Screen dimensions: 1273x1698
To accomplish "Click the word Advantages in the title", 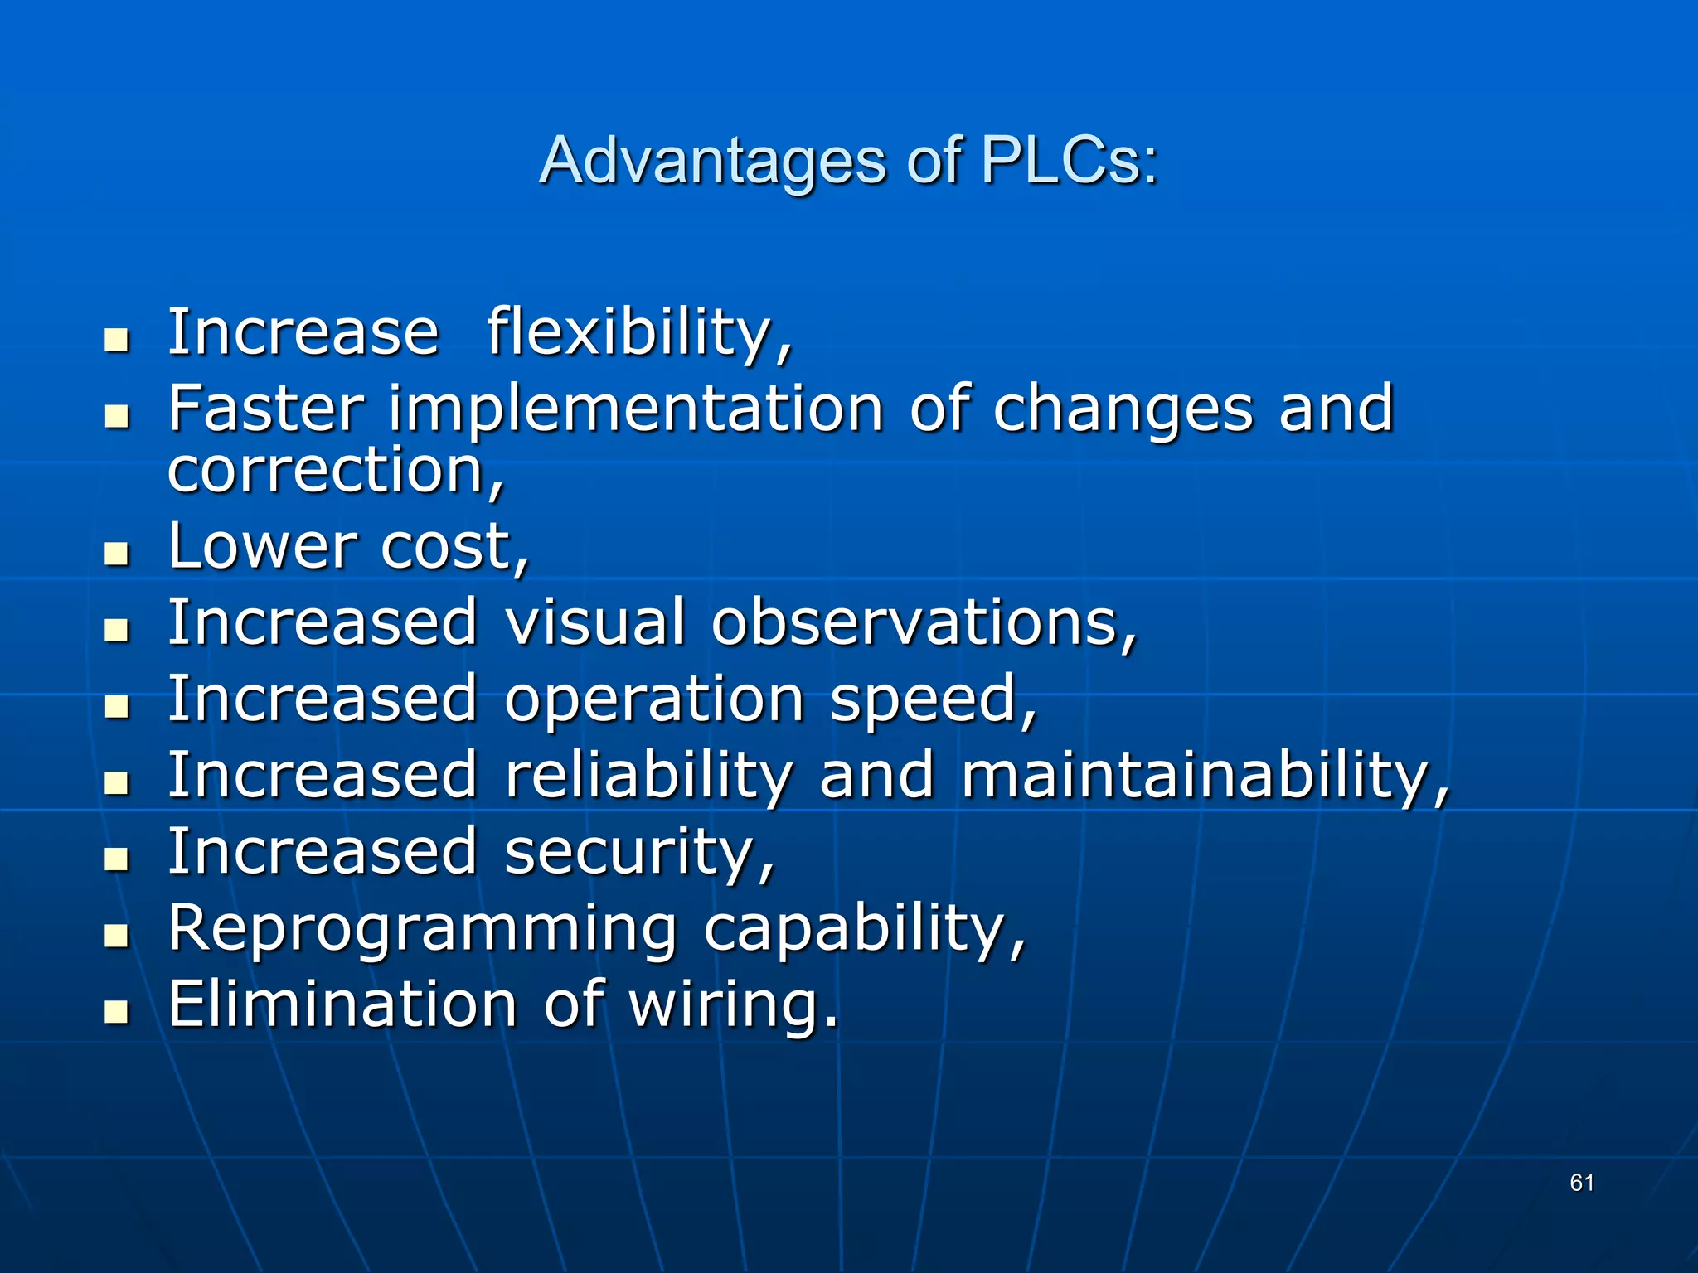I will pyautogui.click(x=712, y=162).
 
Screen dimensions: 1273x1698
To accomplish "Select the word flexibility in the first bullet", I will pyautogui.click(x=639, y=333).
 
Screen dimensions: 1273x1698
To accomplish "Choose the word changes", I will pyautogui.click(x=1123, y=410).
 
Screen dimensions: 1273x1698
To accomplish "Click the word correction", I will pyautogui.click(x=335, y=471).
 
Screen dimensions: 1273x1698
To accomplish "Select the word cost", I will pyautogui.click(x=454, y=548).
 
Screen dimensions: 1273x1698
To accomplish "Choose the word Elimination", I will pyautogui.click(x=342, y=1004).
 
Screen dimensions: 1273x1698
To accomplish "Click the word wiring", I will pyautogui.click(x=733, y=1005).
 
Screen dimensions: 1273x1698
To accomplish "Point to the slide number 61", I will pyautogui.click(x=1582, y=1183).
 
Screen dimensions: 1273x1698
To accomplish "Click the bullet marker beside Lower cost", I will pyautogui.click(x=118, y=553).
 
